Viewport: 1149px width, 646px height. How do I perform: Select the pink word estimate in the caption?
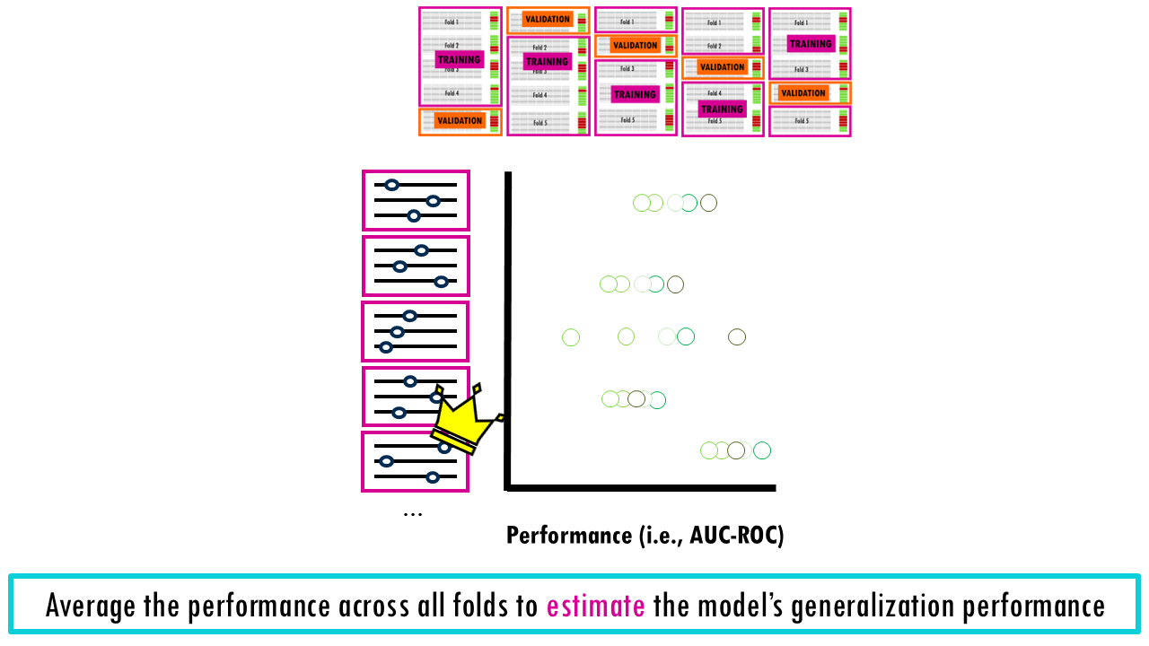click(595, 607)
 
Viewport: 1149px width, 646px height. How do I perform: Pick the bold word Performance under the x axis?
click(569, 536)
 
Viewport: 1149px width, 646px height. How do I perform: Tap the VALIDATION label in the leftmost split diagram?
click(460, 120)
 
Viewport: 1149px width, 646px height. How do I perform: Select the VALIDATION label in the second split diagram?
click(548, 19)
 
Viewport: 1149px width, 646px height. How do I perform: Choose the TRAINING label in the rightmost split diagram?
click(811, 43)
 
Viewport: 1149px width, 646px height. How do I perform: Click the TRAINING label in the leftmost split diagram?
click(460, 60)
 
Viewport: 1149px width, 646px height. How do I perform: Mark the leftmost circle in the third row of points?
click(571, 337)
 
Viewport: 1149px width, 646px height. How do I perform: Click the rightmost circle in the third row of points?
click(737, 337)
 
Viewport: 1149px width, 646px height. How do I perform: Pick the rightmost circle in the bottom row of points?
click(762, 450)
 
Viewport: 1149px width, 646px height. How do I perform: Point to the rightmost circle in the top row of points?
click(708, 203)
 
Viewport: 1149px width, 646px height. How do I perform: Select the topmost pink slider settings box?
click(416, 200)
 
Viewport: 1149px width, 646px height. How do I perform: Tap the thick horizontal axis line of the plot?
click(642, 488)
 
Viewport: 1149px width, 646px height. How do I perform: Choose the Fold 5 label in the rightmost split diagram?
click(801, 121)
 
